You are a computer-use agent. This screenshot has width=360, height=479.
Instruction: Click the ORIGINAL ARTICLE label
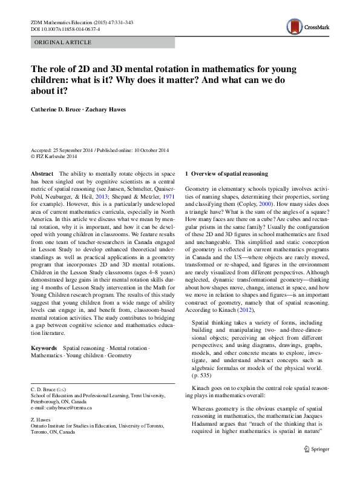point(63,42)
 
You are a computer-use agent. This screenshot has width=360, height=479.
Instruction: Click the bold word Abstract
point(42,173)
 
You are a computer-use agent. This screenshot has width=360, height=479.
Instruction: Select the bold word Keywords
point(44,348)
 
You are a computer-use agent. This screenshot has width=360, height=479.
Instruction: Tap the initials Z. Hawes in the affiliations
point(40,419)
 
